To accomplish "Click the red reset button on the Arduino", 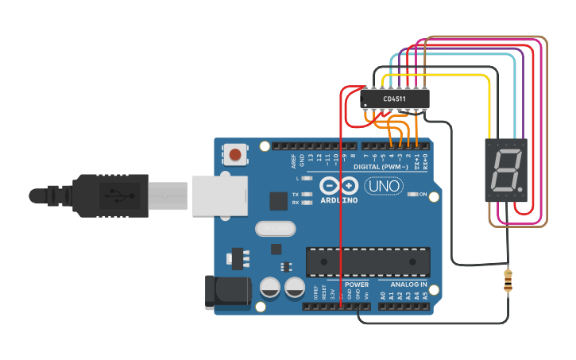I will pos(235,153).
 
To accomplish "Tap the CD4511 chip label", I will pos(393,99).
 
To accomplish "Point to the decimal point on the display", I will pos(519,188).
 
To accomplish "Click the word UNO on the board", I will pos(384,187).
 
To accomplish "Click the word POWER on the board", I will pos(357,284).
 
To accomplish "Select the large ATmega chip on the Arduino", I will pos(368,260).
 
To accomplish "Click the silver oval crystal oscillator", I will pos(276,230).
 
